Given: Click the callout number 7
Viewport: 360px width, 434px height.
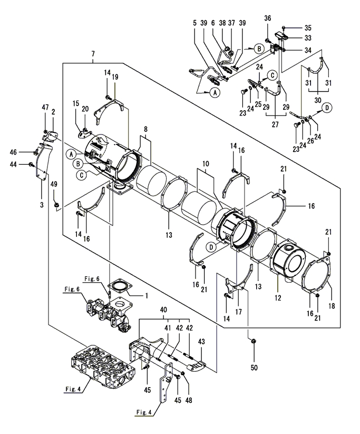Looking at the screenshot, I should pyautogui.click(x=93, y=54).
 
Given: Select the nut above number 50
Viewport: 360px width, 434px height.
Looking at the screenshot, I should pyautogui.click(x=253, y=341).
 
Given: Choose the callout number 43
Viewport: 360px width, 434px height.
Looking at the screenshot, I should pyautogui.click(x=201, y=342).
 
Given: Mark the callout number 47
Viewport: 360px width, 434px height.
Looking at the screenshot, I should pyautogui.click(x=45, y=107).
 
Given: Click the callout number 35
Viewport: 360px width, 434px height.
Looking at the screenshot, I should pyautogui.click(x=308, y=28).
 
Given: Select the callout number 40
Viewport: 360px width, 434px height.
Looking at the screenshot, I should pyautogui.click(x=164, y=310).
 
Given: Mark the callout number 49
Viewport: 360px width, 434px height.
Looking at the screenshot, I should pyautogui.click(x=54, y=184).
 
